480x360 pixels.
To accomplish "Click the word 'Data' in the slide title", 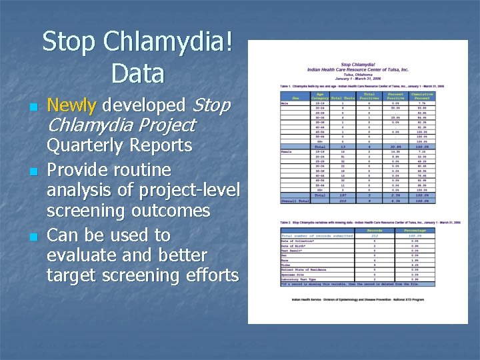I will coord(138,73).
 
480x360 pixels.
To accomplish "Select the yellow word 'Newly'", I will coord(73,105).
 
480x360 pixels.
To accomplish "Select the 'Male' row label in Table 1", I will coord(285,103).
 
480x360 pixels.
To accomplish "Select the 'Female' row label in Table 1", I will coord(287,151).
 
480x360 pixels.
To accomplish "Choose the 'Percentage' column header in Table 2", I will coord(415,229).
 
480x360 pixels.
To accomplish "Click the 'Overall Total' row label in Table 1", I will coord(295,201).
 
